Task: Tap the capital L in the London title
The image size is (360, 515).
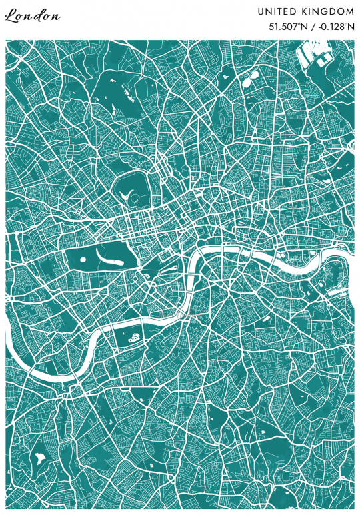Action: [x=11, y=16]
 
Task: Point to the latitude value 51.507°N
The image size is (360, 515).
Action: [x=287, y=27]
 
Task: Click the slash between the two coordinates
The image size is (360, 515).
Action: [x=311, y=27]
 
